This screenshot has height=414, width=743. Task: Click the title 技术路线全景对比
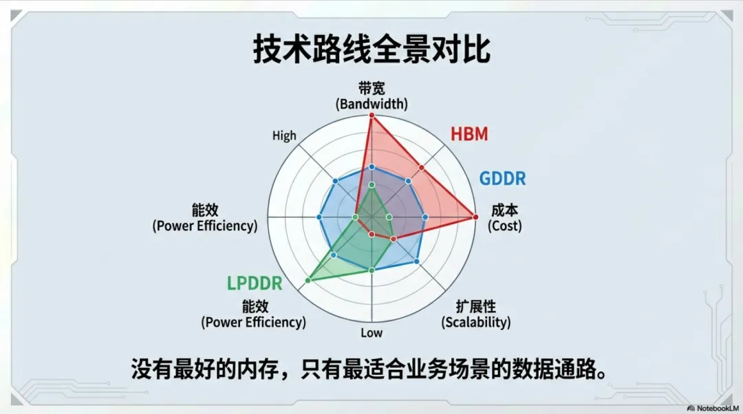(371, 51)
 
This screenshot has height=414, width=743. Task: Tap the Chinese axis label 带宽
(371, 89)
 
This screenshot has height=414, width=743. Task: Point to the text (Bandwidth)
(371, 105)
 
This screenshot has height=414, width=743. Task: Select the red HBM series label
(469, 134)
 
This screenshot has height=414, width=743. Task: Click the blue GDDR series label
(502, 179)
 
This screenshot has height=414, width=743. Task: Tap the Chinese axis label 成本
(504, 210)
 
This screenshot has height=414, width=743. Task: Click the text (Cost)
(504, 226)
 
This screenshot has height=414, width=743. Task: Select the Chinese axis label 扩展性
(476, 307)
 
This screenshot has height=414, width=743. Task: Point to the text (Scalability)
(476, 322)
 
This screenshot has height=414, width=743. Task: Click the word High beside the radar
(284, 135)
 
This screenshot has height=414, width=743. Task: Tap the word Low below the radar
(371, 333)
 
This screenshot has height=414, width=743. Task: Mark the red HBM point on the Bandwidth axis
(371, 116)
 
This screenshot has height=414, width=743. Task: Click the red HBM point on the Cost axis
(475, 217)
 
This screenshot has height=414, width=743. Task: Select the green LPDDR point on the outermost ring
(308, 280)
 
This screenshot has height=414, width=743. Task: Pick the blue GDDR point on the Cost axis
(424, 217)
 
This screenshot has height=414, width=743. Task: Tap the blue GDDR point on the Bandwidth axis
(371, 167)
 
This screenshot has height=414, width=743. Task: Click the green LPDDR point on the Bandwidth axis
(371, 186)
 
